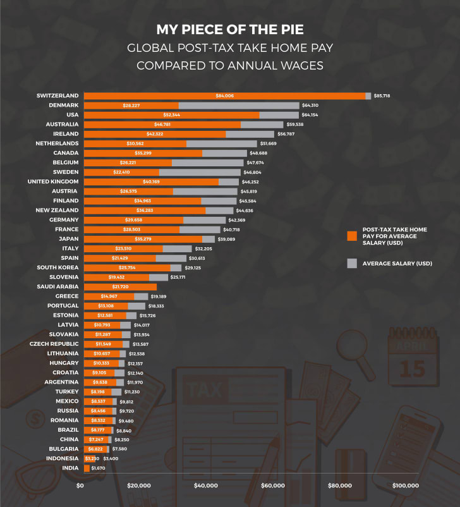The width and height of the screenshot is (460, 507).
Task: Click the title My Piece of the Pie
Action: [x=229, y=30]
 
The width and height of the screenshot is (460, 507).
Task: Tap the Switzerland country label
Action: [x=57, y=95]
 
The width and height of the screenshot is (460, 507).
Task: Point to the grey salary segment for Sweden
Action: [x=200, y=172]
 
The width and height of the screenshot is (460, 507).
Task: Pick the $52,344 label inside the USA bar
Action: [x=171, y=114]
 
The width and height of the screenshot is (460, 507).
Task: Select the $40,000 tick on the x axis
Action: [x=205, y=486]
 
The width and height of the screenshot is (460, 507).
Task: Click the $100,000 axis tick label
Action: [x=404, y=486]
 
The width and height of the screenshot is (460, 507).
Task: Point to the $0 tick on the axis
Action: [x=80, y=486]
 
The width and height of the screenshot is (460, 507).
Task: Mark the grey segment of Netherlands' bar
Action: [x=221, y=144]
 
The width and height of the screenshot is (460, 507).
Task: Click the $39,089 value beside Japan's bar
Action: [x=231, y=239]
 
